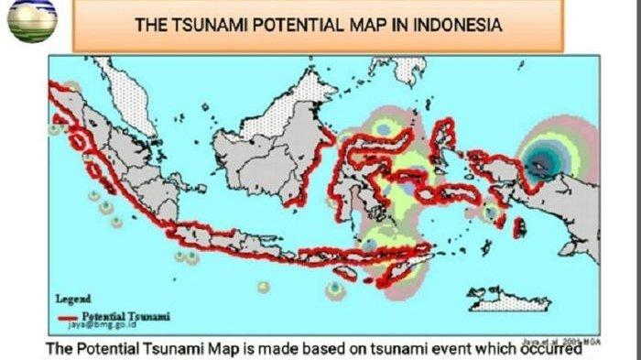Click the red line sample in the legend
coord(74,317)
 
